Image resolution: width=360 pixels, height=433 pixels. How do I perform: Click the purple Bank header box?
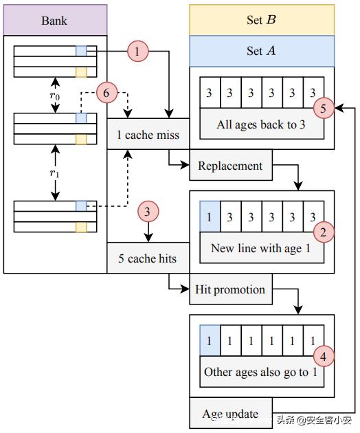click(x=55, y=20)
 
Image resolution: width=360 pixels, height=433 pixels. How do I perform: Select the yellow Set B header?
click(x=261, y=20)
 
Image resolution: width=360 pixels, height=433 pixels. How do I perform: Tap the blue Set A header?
click(x=261, y=51)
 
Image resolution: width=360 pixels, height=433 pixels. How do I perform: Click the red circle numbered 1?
click(x=139, y=52)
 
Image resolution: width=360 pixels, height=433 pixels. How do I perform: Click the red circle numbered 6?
click(x=108, y=91)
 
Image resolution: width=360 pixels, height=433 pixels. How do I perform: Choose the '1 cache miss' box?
click(x=147, y=134)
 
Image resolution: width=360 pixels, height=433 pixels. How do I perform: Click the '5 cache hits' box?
click(x=147, y=258)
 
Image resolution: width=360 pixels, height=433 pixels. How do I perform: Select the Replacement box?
click(x=230, y=166)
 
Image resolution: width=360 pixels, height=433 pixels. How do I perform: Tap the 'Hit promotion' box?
click(x=230, y=289)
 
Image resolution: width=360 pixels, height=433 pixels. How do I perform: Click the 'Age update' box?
click(x=230, y=414)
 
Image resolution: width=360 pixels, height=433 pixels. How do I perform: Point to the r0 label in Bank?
click(x=55, y=96)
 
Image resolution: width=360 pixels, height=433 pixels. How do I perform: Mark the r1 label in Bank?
click(x=55, y=173)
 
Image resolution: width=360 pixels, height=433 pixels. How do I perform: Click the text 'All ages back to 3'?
click(x=261, y=124)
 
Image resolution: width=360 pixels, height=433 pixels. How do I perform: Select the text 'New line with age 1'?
click(x=261, y=248)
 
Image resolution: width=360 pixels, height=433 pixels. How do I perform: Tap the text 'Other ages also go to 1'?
click(x=261, y=372)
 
